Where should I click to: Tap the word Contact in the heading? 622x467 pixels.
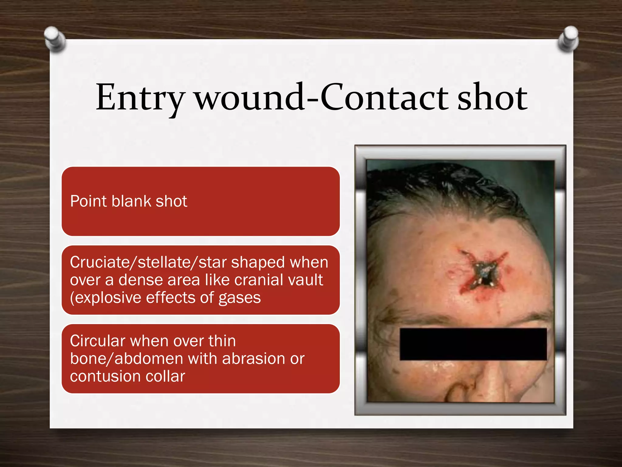click(x=384, y=97)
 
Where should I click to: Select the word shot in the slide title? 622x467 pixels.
click(x=492, y=97)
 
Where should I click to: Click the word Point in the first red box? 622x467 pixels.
click(x=88, y=201)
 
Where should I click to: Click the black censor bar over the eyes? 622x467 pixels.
click(x=473, y=344)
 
